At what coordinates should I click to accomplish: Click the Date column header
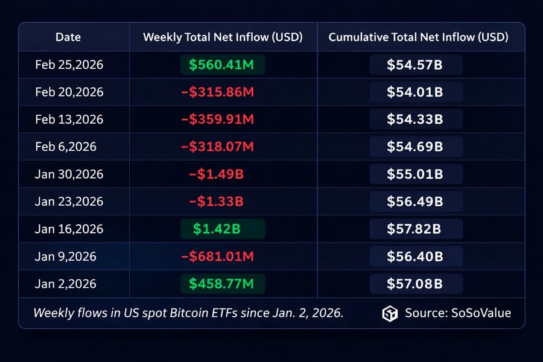point(68,37)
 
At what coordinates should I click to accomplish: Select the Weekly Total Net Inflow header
point(223,37)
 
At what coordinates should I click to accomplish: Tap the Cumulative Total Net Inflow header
point(418,37)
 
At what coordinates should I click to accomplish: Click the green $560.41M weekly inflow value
point(223,65)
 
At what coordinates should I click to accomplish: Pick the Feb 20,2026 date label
point(69,92)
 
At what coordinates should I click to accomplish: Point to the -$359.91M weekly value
point(218,119)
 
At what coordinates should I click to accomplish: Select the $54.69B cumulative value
point(415,147)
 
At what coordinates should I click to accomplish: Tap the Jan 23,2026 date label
point(69,202)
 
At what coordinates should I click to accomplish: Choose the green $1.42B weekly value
point(223,229)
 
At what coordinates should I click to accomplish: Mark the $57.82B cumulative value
point(415,229)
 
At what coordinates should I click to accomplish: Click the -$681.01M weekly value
point(218,256)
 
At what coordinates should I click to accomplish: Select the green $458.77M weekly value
point(223,284)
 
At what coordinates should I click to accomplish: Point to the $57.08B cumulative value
point(415,284)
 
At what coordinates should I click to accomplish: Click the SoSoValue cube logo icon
point(390,313)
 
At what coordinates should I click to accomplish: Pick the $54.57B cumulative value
point(415,65)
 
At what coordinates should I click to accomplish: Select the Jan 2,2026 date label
point(66,284)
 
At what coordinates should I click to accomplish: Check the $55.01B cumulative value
point(415,174)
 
